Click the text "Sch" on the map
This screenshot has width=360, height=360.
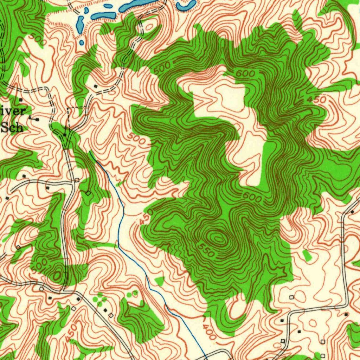pos(12,127)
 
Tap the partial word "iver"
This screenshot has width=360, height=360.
pos(13,111)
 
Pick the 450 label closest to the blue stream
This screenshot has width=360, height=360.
pos(146,217)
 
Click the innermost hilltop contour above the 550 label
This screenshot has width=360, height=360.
pos(218,239)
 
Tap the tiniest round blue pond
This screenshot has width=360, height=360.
pos(82,43)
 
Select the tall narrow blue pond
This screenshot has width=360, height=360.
pos(80,24)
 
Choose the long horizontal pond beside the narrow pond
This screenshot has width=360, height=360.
pos(104,16)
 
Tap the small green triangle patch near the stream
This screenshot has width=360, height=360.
pos(160,281)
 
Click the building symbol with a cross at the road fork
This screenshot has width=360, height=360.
pos(65,135)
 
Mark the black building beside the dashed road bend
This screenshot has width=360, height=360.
pos(96,86)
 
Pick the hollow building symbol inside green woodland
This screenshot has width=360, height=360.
pos(88,193)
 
